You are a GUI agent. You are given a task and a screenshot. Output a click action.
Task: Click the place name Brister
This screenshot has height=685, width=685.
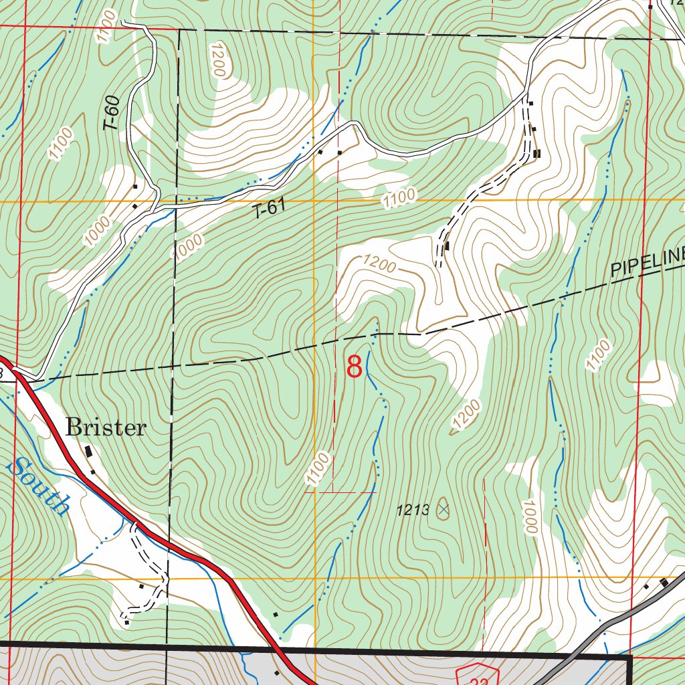point(105,428)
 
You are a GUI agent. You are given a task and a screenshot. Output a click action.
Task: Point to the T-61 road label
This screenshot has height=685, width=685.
point(270,209)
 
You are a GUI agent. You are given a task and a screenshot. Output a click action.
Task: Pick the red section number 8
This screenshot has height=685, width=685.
point(354,367)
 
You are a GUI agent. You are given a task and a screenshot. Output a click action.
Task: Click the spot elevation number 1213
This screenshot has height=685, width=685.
point(412,510)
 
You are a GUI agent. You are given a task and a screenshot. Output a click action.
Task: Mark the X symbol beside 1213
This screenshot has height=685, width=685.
point(443,510)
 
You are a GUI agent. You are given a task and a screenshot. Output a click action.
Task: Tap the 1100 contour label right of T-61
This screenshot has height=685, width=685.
point(399,197)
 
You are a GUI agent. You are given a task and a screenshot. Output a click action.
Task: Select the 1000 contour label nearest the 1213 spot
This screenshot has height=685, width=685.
point(530,517)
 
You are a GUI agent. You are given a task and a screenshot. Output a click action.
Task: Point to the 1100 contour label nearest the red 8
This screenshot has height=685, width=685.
point(318,468)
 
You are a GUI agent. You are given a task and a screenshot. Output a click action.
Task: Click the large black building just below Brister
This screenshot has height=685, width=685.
point(89,454)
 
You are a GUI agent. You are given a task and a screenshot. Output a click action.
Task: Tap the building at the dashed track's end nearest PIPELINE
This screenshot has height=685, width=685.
point(447,246)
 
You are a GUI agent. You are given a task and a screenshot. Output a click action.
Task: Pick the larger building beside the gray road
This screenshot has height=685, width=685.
point(664,583)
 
